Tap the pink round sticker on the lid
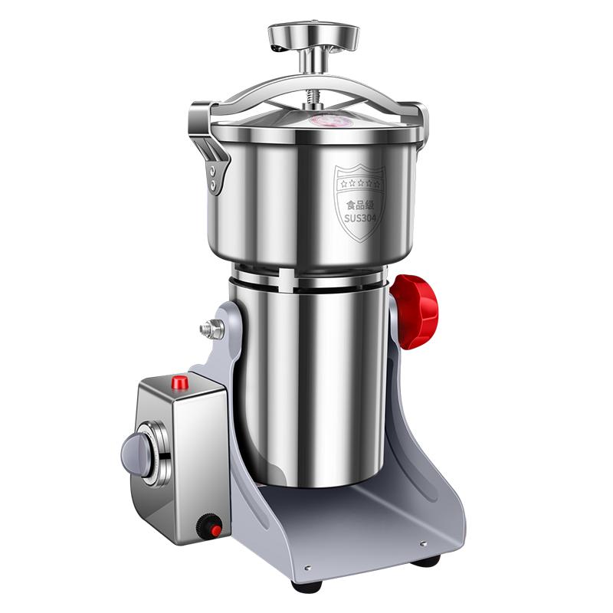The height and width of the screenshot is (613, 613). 331,120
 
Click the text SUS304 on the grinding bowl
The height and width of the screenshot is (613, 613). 359,218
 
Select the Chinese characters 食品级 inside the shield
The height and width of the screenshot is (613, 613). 360,205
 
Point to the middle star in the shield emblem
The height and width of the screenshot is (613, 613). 360,182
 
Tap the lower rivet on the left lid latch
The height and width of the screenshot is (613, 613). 213,184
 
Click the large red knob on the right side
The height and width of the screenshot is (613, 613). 415,311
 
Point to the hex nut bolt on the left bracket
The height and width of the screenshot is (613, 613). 211,329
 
